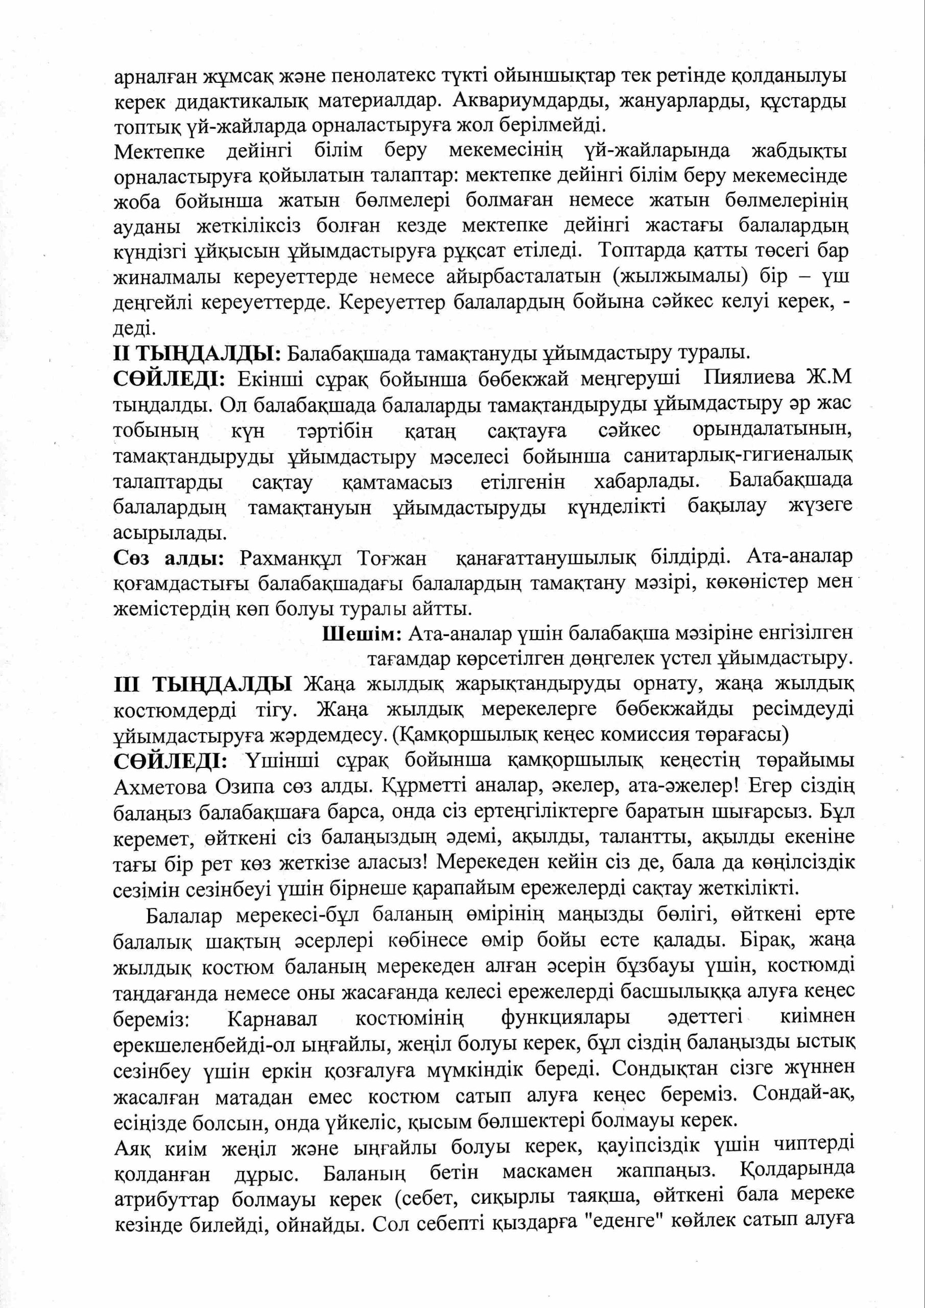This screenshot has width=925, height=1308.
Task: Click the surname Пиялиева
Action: click(744, 379)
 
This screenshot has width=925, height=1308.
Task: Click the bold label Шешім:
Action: click(362, 634)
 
